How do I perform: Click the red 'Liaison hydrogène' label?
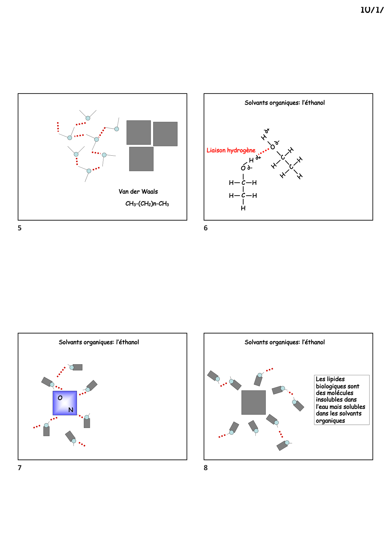tap(231, 150)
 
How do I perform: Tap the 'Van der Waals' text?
tap(138, 192)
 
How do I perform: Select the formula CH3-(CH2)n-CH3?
tap(147, 204)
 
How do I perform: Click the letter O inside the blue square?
tap(60, 398)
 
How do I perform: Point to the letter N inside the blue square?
tap(71, 410)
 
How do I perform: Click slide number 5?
tap(20, 228)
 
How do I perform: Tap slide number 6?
tap(206, 228)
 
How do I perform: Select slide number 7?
tap(20, 468)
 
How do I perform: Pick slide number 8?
tap(206, 468)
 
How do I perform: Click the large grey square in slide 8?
tap(254, 402)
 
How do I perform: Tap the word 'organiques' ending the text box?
tap(330, 421)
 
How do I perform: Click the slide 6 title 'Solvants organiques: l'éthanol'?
tap(284, 103)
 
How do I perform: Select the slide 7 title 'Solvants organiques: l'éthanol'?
tap(99, 342)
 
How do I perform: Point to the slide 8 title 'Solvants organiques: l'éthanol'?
tap(284, 342)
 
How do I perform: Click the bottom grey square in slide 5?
tap(141, 159)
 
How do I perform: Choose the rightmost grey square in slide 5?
tap(165, 134)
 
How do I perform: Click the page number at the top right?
tap(372, 10)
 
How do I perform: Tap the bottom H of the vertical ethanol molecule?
tap(243, 208)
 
